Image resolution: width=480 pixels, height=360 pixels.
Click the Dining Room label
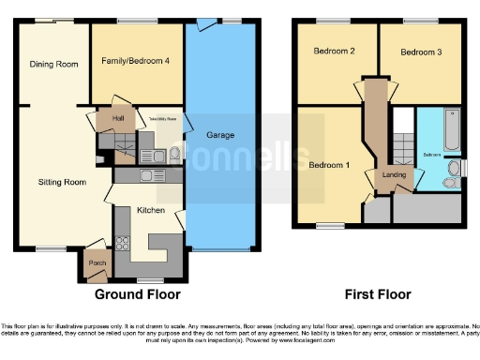click(x=52, y=65)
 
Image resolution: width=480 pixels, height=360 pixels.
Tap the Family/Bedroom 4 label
click(x=136, y=61)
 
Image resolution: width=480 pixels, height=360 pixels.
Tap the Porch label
click(x=96, y=262)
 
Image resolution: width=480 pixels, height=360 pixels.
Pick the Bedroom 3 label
click(x=419, y=52)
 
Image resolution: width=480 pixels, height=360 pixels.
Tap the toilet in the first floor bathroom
click(x=455, y=168)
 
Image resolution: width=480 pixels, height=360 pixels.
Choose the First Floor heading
click(x=377, y=293)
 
